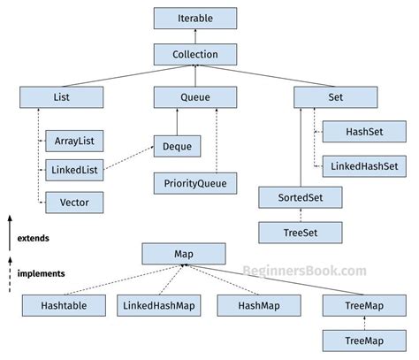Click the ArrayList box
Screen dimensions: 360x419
(x=73, y=140)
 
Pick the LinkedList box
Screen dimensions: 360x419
(x=73, y=169)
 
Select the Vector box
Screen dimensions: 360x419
(x=73, y=203)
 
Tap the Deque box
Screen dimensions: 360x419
(x=188, y=146)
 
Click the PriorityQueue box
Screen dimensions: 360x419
(x=195, y=184)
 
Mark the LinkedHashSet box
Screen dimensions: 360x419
(x=364, y=165)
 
